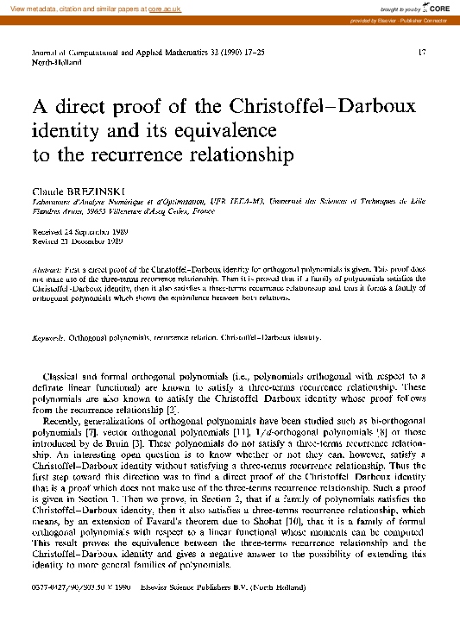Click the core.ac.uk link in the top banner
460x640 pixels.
(x=161, y=7)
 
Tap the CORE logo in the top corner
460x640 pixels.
(x=435, y=7)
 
